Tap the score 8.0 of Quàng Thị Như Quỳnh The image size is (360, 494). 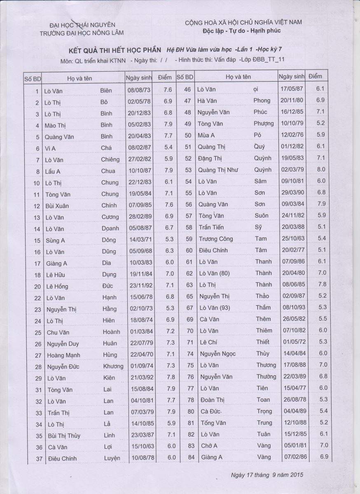click(x=321, y=169)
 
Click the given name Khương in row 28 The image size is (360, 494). click(x=113, y=366)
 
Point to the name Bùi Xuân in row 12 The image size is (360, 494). click(x=57, y=205)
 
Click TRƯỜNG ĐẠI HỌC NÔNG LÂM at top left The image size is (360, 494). click(x=82, y=33)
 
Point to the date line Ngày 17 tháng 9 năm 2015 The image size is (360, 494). click(x=267, y=475)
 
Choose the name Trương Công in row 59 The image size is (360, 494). click(x=215, y=239)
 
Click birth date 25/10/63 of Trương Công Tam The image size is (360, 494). click(x=292, y=238)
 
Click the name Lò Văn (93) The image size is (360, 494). click(x=214, y=308)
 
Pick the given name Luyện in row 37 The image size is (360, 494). click(x=112, y=458)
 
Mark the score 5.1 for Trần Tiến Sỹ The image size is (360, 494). click(x=321, y=226)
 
